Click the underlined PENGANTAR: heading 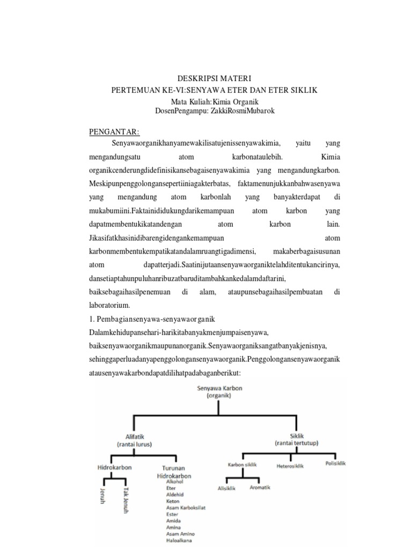[x=114, y=132]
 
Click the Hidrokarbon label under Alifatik [x=114, y=468]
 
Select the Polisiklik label [x=335, y=464]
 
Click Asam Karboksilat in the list [x=187, y=508]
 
